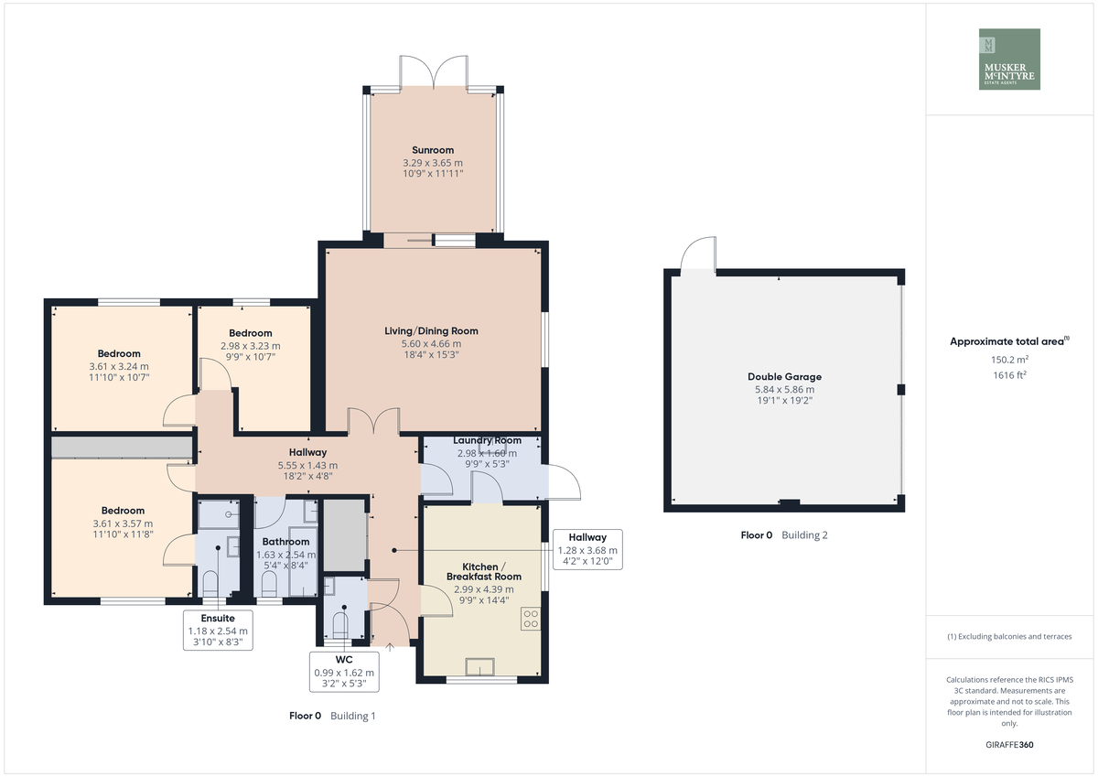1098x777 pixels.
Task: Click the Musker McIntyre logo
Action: pos(1009,59)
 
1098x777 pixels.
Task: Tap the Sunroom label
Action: pos(432,150)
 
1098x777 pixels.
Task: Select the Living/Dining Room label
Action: pos(431,331)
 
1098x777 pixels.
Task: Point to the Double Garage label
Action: pos(784,376)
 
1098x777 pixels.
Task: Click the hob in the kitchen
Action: pos(531,619)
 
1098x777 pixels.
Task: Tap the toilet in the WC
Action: pos(340,626)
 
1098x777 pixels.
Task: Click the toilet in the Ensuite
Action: pos(210,584)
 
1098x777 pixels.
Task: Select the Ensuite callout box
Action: pos(218,630)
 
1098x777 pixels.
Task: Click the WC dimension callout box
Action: pos(344,672)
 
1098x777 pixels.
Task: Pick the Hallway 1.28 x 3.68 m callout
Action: pos(587,549)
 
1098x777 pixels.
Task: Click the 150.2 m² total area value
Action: pos(1009,360)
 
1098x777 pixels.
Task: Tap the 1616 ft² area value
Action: pos(1009,375)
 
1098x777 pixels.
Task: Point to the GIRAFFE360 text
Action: pos(1009,745)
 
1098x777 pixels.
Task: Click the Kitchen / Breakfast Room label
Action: pos(484,572)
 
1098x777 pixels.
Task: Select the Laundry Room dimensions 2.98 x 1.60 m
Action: pos(487,453)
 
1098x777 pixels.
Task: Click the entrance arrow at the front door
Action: pos(390,647)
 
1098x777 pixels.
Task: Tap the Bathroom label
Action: pos(285,542)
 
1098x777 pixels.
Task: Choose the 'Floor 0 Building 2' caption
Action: pos(784,534)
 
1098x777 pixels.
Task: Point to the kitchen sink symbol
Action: pos(479,666)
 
